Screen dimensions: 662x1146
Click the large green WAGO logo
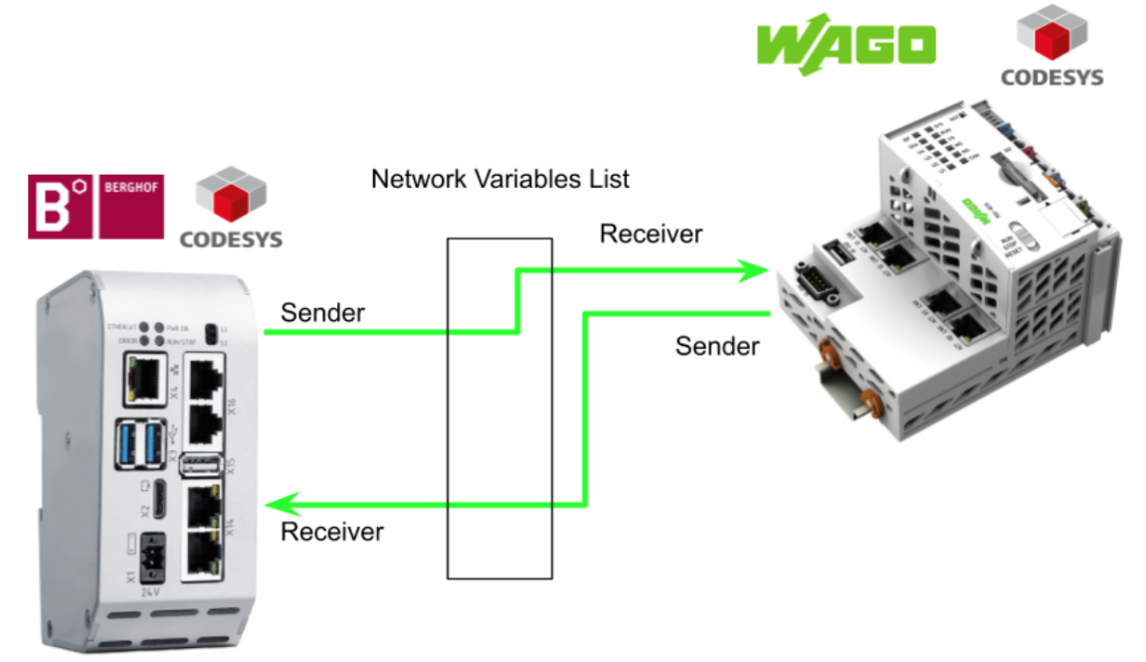click(846, 46)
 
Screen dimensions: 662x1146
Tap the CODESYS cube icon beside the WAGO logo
click(1051, 32)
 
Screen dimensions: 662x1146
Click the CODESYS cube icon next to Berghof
click(230, 196)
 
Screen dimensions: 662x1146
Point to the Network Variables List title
click(500, 179)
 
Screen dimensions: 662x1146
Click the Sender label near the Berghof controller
click(323, 312)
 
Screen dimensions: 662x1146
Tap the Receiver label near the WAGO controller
click(651, 234)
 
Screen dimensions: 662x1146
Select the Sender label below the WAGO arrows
click(717, 346)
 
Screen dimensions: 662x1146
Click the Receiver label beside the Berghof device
click(332, 532)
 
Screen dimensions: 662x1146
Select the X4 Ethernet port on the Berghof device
click(143, 379)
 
